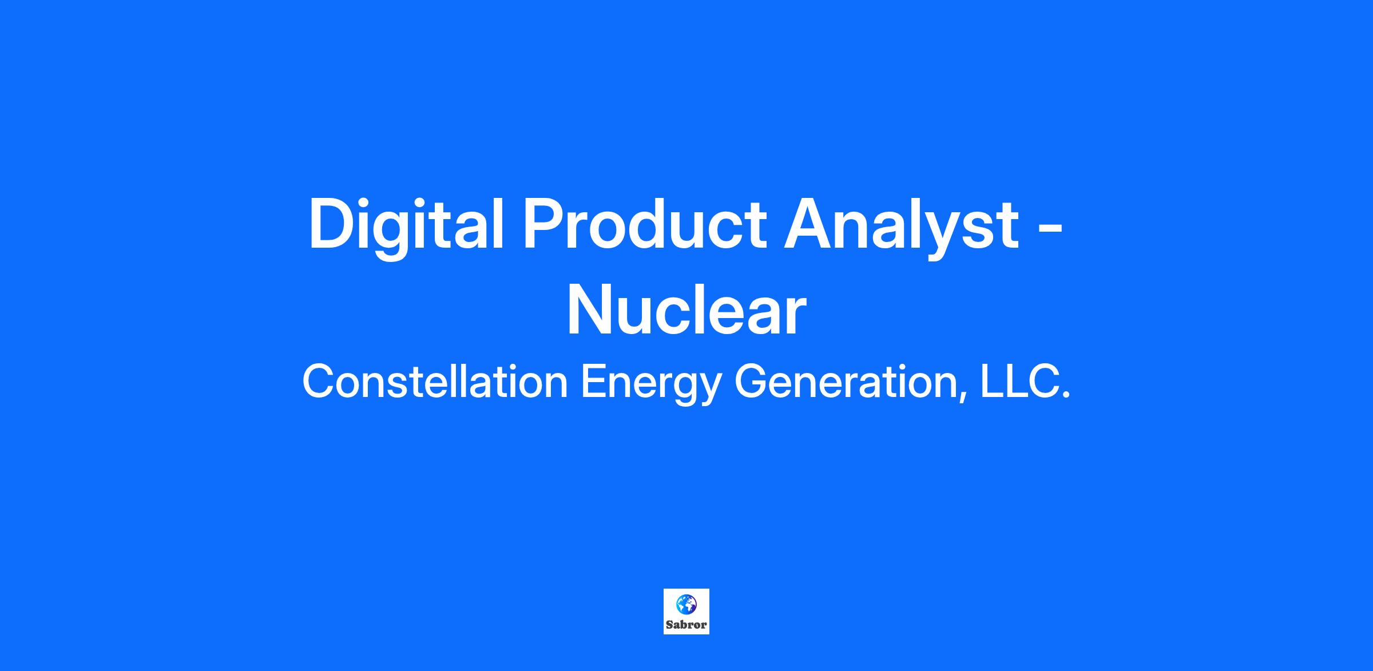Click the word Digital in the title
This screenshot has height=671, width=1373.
tap(406, 226)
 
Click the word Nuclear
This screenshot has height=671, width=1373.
tap(687, 311)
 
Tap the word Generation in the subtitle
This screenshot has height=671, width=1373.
tap(848, 382)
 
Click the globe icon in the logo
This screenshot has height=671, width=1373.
tap(687, 604)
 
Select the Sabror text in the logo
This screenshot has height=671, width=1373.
tap(687, 625)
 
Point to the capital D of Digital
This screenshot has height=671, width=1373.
tap(332, 224)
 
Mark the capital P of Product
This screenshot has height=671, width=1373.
tap(544, 224)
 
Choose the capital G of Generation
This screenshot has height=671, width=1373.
tap(751, 382)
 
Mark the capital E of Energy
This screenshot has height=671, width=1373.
tap(594, 382)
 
